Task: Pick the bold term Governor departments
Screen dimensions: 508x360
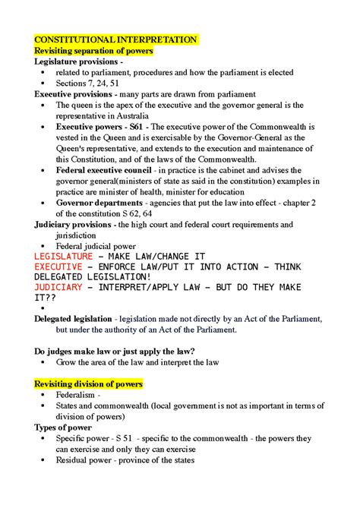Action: click(x=99, y=204)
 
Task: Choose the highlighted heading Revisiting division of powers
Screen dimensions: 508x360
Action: click(x=89, y=384)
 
